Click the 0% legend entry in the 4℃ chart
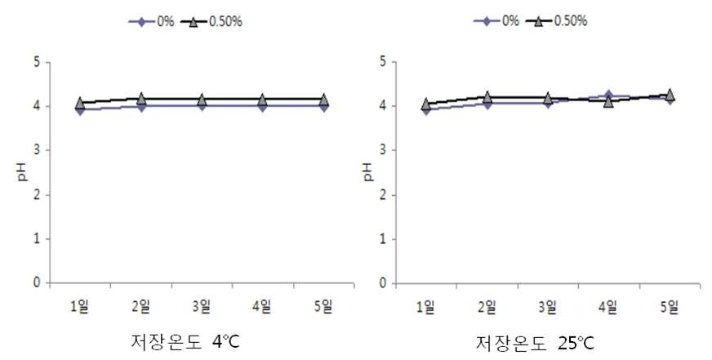[x=151, y=21]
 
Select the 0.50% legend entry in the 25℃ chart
[x=557, y=21]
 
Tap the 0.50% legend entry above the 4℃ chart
[x=211, y=21]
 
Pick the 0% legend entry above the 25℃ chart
[x=496, y=21]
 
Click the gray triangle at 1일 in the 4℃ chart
[x=80, y=102]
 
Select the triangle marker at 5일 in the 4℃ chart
[x=324, y=99]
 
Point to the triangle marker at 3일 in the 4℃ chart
[x=202, y=99]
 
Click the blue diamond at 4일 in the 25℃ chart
[x=608, y=96]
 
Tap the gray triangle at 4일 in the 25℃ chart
[x=608, y=101]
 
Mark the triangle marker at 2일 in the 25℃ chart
[x=487, y=96]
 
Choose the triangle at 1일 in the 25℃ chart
[x=426, y=104]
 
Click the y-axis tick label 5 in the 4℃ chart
[x=37, y=62]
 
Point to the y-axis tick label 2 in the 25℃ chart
[x=383, y=195]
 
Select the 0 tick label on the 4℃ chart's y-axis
[x=37, y=283]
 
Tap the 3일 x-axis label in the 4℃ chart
[x=201, y=307]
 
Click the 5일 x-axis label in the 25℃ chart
[x=670, y=307]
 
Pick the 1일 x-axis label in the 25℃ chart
[x=425, y=307]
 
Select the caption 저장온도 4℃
[x=185, y=342]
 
